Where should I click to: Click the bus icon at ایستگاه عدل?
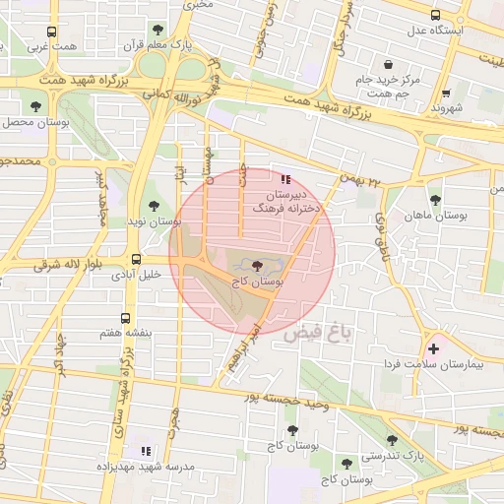436,15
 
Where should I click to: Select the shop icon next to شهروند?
446,93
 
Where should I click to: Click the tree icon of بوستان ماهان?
435,200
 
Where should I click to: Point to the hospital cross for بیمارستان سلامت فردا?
433,349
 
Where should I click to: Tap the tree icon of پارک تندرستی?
392,441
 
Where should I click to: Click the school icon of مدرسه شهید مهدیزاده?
147,451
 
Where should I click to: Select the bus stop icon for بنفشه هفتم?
124,318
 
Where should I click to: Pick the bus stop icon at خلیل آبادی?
135,260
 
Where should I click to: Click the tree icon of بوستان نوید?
151,207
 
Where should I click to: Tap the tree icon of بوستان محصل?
36,105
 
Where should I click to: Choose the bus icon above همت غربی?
53,31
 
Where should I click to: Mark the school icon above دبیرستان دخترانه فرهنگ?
285,179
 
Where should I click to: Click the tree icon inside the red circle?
257,266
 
